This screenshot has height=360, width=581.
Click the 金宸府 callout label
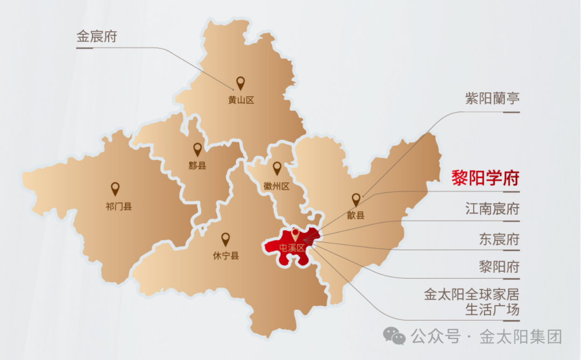tap(97, 37)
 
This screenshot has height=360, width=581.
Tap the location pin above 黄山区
tap(240, 83)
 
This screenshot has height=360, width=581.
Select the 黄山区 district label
tap(240, 100)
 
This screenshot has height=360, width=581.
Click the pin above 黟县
tap(197, 149)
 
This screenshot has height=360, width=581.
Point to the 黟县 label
tap(197, 165)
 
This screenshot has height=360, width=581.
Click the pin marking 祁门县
tap(115, 188)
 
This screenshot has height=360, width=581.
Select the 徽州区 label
tap(277, 186)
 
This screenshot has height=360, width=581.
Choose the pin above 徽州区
tap(277, 168)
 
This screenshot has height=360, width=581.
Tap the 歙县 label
tap(356, 215)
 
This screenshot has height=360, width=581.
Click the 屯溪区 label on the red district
tap(292, 248)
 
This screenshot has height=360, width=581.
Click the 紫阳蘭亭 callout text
tap(492, 99)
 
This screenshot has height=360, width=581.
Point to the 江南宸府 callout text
tap(492, 209)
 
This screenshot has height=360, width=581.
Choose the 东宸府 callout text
tap(499, 238)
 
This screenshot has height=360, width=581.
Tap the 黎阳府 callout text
tap(499, 266)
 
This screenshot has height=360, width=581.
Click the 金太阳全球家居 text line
tap(472, 295)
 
